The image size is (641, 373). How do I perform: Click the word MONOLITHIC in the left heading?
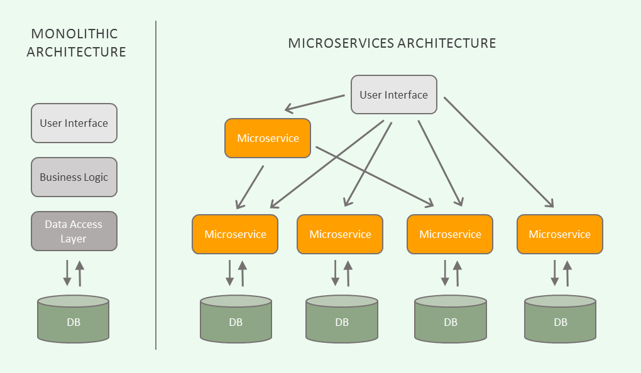[x=74, y=34]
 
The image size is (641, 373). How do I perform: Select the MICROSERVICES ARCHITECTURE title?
[x=392, y=43]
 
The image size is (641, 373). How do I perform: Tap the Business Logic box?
[x=74, y=177]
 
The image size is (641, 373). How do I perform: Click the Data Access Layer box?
[x=74, y=231]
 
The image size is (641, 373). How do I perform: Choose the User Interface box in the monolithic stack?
[x=74, y=123]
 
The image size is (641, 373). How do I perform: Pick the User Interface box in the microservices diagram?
[x=393, y=95]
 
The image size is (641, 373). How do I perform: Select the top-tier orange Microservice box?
[x=268, y=138]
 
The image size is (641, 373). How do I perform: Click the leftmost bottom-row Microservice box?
[x=235, y=234]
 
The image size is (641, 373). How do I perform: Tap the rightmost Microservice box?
[x=559, y=234]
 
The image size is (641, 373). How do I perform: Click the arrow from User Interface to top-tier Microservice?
[x=315, y=104]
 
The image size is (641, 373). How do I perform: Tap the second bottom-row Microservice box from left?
[x=340, y=234]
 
